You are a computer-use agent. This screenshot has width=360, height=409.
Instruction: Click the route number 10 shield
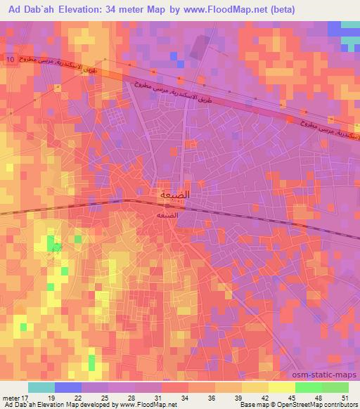tap(9, 60)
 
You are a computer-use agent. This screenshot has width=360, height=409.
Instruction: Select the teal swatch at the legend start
tap(41, 387)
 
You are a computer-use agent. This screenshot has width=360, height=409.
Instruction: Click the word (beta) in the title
tap(281, 9)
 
